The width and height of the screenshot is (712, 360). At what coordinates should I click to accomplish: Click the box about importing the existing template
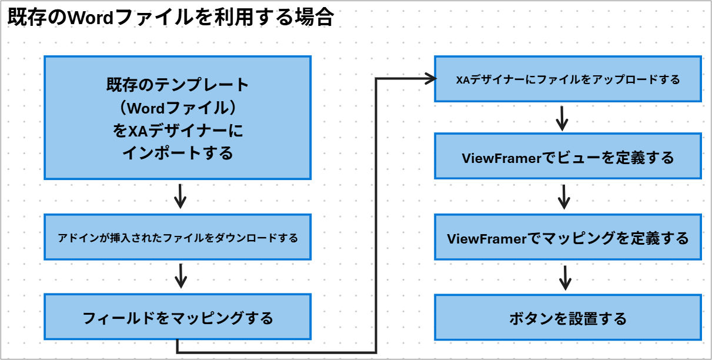178,118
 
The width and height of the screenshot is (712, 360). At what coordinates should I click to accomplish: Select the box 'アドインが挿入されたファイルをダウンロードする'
178,238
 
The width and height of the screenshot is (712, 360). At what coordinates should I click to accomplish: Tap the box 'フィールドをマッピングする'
178,318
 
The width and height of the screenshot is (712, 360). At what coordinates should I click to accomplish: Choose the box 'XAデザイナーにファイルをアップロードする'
567,79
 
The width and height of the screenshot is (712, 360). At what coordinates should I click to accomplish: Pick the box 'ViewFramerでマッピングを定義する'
567,238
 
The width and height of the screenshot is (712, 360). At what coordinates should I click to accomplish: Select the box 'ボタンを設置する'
567,318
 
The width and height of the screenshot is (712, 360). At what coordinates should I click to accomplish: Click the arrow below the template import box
180,196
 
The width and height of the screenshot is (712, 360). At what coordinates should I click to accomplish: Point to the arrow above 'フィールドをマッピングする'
180,275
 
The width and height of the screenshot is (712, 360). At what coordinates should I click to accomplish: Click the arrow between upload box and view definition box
563,118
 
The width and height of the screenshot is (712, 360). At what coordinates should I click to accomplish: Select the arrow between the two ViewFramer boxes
564,196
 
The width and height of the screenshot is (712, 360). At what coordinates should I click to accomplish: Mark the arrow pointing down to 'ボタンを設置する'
564,277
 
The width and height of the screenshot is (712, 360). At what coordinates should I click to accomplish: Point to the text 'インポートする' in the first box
178,153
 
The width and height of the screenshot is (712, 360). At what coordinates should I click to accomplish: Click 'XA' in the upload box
462,79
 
